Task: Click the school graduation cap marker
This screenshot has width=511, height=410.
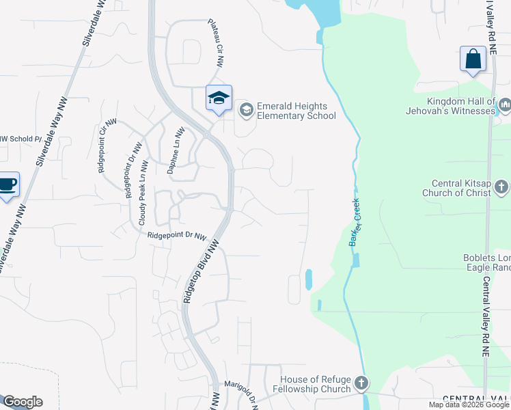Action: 219,98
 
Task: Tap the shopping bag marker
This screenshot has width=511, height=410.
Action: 473,59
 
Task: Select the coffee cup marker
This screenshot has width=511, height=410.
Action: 8,184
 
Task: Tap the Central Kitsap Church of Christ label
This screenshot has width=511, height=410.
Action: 461,188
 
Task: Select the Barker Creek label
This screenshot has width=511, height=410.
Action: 355,223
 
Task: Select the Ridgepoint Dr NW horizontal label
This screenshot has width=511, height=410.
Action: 176,236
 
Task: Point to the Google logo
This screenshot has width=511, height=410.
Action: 23,402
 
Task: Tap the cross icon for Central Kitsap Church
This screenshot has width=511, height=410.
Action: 501,186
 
